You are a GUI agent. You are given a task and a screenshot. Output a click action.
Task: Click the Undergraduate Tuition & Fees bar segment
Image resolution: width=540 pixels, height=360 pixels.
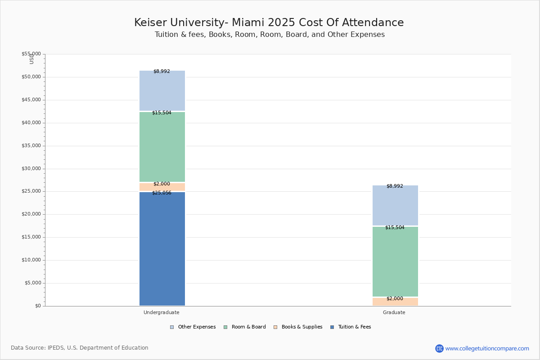(x=162, y=249)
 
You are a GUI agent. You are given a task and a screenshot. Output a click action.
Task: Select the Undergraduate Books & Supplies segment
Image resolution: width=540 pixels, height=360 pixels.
(x=162, y=187)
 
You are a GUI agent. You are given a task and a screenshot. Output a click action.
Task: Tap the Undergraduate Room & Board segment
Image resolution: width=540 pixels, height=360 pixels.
(x=162, y=147)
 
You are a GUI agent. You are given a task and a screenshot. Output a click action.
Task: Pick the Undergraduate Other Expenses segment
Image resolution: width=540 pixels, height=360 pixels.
(x=162, y=90)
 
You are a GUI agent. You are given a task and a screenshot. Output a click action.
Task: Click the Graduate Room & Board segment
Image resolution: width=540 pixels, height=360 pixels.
(x=396, y=261)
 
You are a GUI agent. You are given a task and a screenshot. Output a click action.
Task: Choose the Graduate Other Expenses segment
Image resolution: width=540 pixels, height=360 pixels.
(x=396, y=206)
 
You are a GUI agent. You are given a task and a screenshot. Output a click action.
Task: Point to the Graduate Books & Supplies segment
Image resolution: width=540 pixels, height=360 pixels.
(x=396, y=302)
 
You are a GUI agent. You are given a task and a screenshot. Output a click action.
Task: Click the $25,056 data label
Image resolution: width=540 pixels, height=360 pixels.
(x=162, y=193)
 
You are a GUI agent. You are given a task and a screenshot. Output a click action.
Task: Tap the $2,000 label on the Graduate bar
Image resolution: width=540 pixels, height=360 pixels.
(x=395, y=298)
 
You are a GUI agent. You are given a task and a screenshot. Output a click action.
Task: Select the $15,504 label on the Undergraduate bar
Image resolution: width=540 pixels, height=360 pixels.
(x=162, y=112)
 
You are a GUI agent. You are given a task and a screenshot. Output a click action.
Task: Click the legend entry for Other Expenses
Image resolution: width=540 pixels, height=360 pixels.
(x=193, y=327)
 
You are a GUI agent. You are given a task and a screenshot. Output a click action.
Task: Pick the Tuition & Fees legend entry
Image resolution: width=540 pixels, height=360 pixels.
(x=351, y=327)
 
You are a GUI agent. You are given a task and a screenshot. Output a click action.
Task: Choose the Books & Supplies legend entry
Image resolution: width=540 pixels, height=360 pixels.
(x=298, y=327)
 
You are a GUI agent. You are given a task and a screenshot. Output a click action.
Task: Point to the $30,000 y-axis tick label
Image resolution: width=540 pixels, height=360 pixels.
(x=31, y=169)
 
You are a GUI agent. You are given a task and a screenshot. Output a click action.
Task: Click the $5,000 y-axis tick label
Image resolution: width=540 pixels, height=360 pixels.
(x=33, y=283)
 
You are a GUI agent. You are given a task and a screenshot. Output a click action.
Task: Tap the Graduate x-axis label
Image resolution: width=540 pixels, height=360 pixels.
(x=394, y=312)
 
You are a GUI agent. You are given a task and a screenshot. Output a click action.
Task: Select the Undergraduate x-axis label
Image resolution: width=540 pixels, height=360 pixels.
(x=162, y=312)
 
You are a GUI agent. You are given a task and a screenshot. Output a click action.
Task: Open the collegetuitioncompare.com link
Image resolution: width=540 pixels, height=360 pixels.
(x=487, y=348)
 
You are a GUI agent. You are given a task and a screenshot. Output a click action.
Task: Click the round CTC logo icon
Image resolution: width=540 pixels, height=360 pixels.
(x=440, y=348)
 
